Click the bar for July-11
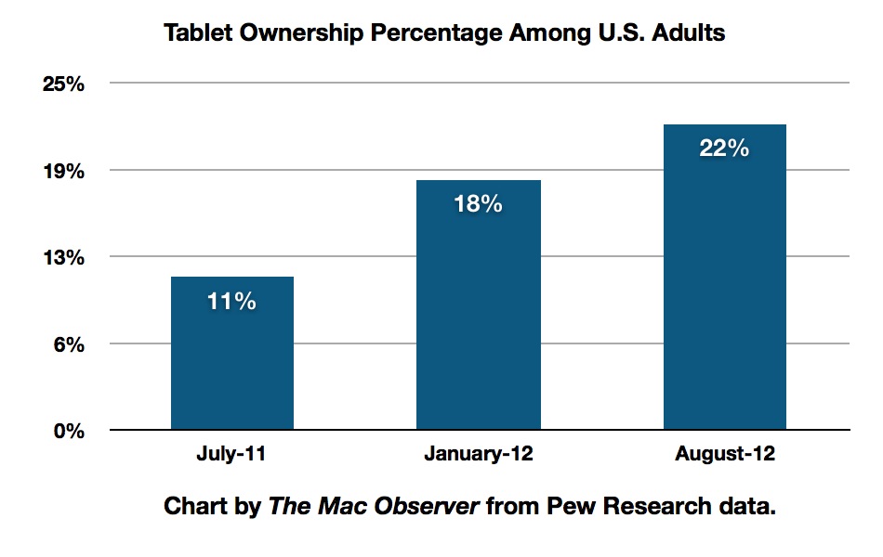(x=232, y=354)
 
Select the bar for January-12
(x=479, y=305)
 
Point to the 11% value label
(x=232, y=302)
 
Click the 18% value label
(x=478, y=204)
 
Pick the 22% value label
(x=725, y=149)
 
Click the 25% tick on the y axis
(x=64, y=84)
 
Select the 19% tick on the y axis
(x=64, y=172)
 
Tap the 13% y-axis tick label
(x=64, y=258)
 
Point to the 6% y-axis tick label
(x=70, y=345)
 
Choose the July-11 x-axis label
(x=232, y=456)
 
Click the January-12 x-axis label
(x=478, y=456)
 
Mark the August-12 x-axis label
(x=725, y=456)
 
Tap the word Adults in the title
(x=689, y=34)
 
